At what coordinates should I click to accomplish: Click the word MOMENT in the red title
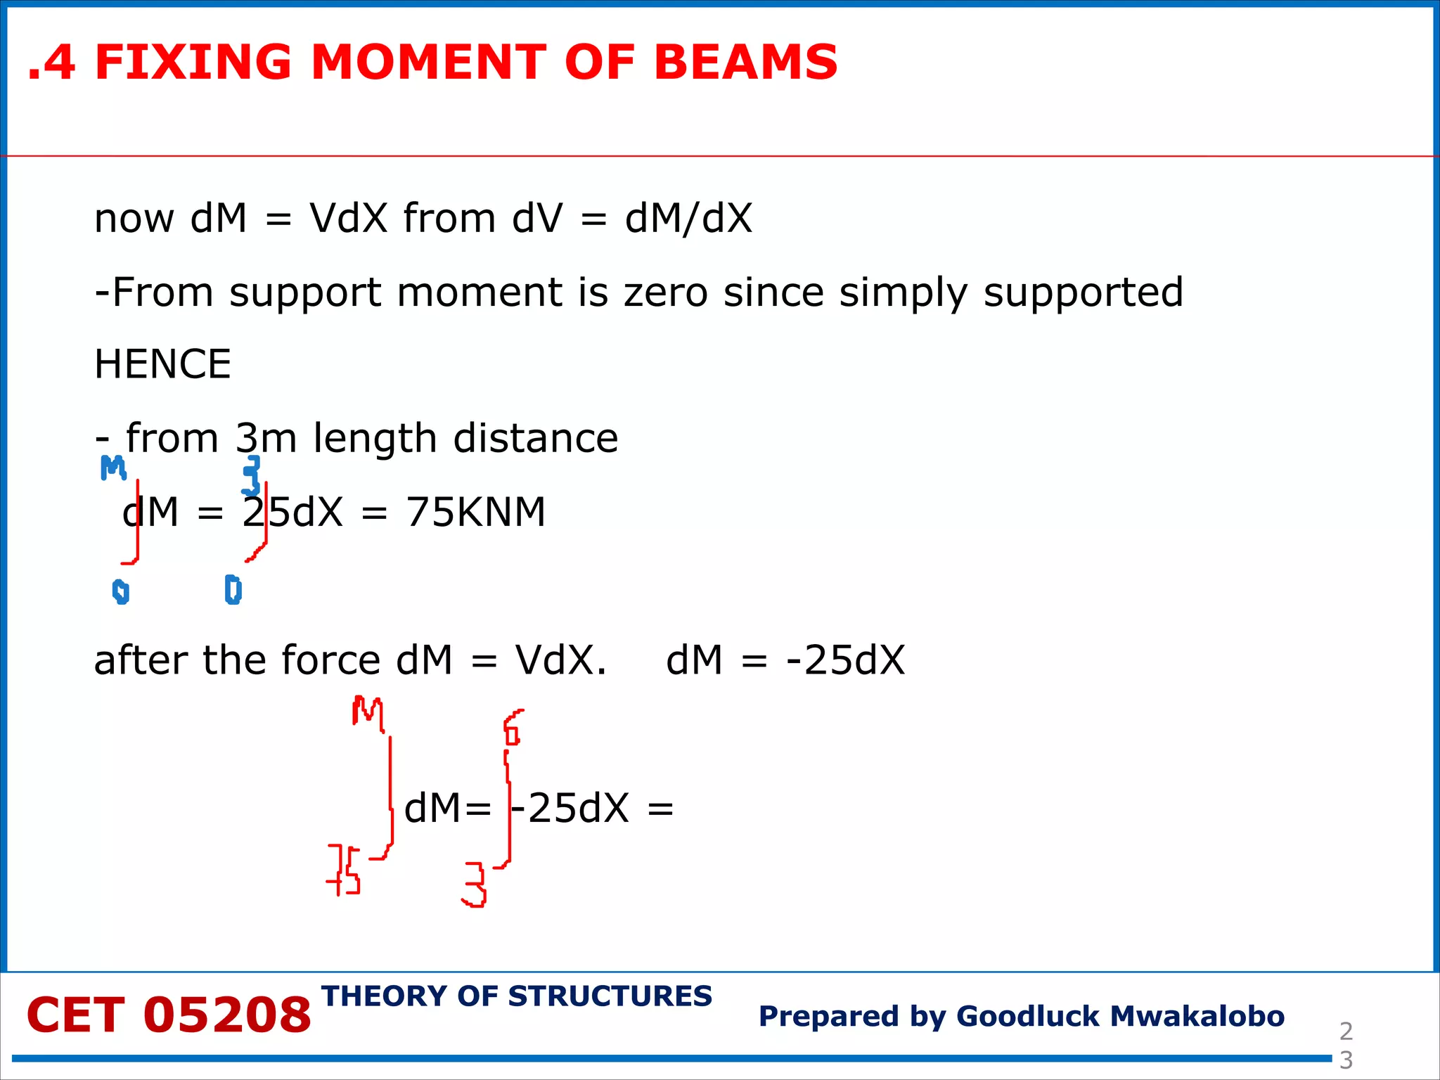[x=429, y=62]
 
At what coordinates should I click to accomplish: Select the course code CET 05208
[x=169, y=1015]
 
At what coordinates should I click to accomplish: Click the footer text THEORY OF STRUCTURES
[x=517, y=996]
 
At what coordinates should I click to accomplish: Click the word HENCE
[x=162, y=364]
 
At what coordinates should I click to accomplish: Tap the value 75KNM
[x=475, y=512]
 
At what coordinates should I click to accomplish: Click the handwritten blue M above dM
[x=112, y=468]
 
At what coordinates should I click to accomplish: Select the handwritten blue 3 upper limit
[x=251, y=475]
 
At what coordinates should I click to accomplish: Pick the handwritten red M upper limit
[x=368, y=712]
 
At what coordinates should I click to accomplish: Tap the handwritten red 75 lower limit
[x=344, y=870]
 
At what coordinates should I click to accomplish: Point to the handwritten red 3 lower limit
[x=475, y=885]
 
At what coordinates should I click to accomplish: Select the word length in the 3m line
[x=375, y=438]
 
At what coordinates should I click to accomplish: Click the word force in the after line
[x=330, y=660]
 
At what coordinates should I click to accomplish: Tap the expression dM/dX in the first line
[x=688, y=218]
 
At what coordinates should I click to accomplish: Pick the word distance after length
[x=535, y=438]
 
